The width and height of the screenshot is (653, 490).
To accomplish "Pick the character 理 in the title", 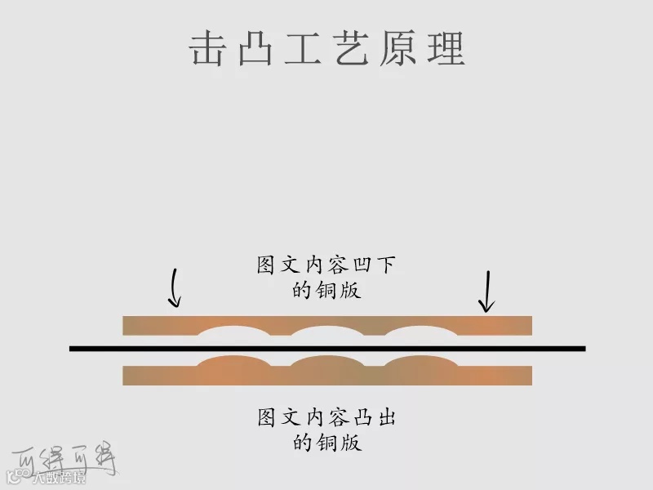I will (446, 49).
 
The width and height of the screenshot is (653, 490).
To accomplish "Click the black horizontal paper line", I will (326, 349).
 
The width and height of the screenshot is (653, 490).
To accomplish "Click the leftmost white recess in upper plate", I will (233, 331).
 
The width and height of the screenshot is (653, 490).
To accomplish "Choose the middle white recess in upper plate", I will (326, 331).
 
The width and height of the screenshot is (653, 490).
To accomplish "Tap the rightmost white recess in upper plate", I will (420, 331).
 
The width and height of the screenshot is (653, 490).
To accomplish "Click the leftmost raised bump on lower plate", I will (233, 363).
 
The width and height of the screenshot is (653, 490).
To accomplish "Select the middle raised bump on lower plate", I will (326, 363).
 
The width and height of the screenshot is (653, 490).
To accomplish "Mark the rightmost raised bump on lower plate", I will (420, 363).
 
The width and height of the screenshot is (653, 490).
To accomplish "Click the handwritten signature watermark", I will (65, 458).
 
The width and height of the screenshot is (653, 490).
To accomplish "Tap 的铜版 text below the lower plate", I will (326, 443).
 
